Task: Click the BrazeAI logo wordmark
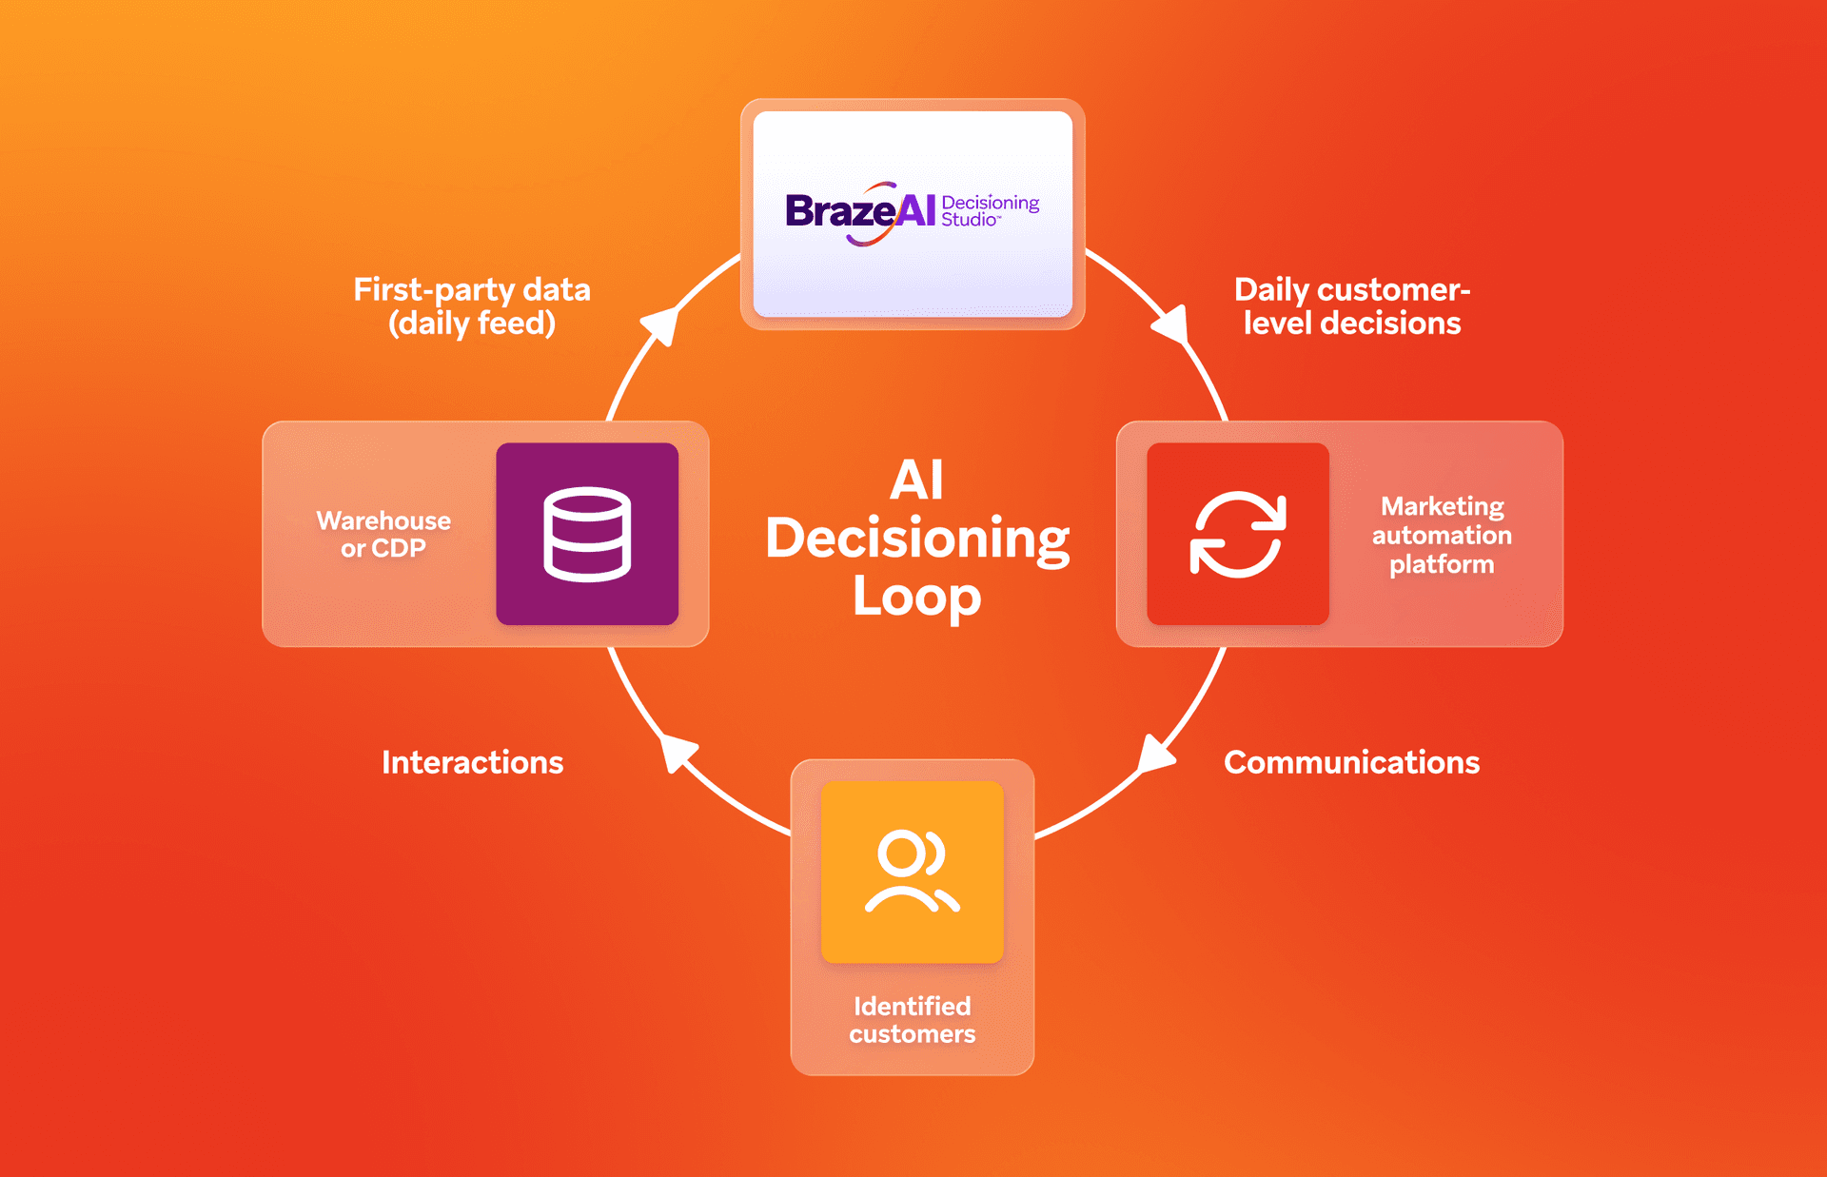click(x=859, y=210)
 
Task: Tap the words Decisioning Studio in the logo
click(x=990, y=210)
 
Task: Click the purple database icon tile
click(x=587, y=534)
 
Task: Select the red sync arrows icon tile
click(x=1237, y=534)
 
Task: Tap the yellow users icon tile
click(x=912, y=872)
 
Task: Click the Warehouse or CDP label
click(x=383, y=534)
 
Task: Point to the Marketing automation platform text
click(x=1442, y=535)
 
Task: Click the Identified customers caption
click(x=912, y=1019)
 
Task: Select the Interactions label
click(x=472, y=762)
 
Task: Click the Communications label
click(x=1351, y=762)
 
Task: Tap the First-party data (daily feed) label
click(x=472, y=305)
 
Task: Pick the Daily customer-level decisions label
click(x=1351, y=305)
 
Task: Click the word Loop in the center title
click(x=916, y=598)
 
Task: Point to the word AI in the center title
click(x=916, y=480)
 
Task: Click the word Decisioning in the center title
click(x=916, y=539)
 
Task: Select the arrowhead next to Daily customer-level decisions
click(x=1172, y=324)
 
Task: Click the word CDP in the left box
click(x=398, y=549)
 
